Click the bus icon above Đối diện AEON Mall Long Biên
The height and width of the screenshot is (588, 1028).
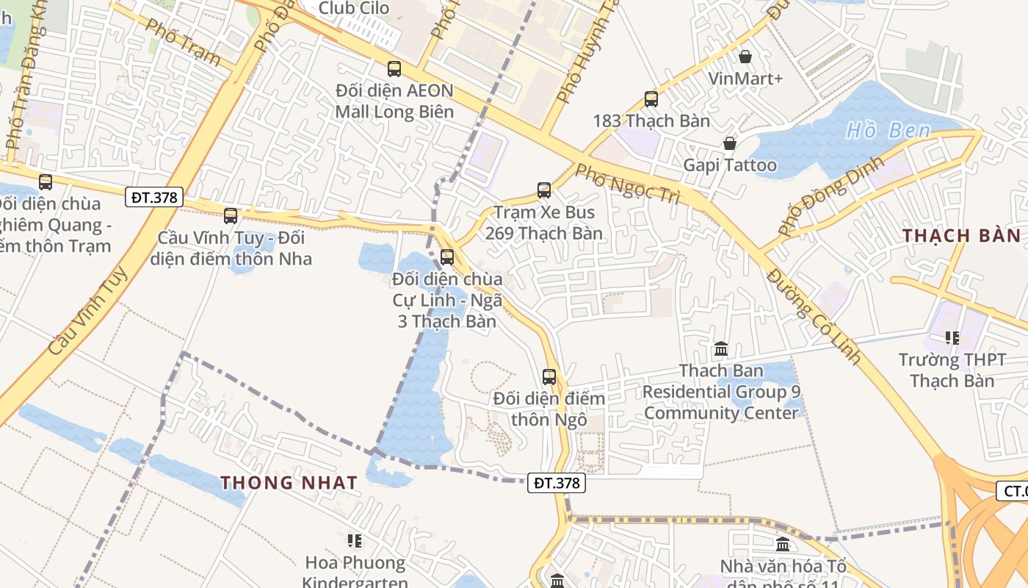pyautogui.click(x=394, y=69)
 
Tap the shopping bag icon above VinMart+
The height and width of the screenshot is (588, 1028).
pyautogui.click(x=745, y=57)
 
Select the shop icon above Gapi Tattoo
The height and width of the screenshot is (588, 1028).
pyautogui.click(x=729, y=143)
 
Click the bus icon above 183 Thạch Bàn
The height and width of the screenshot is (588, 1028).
pyautogui.click(x=651, y=99)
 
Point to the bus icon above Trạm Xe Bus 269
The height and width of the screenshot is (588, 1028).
pyautogui.click(x=544, y=190)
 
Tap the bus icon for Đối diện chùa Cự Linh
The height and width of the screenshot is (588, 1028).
pyautogui.click(x=446, y=257)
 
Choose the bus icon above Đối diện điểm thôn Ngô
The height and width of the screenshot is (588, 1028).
pyautogui.click(x=549, y=377)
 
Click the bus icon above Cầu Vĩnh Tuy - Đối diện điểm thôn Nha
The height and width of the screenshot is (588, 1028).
pyautogui.click(x=231, y=216)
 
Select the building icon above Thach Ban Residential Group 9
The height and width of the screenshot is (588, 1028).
pyautogui.click(x=720, y=349)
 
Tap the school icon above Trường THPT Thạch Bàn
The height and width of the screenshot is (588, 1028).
pyautogui.click(x=952, y=338)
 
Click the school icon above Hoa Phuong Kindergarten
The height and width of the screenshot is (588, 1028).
pyautogui.click(x=355, y=541)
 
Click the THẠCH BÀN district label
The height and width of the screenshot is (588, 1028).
pyautogui.click(x=961, y=236)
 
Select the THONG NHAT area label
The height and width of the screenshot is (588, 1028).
pyautogui.click(x=289, y=483)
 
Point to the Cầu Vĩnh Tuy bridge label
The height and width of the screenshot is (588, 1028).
pyautogui.click(x=87, y=311)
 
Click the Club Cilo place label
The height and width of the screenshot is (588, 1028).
pyautogui.click(x=353, y=8)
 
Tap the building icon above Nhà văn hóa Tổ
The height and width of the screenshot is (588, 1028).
pyautogui.click(x=783, y=545)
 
